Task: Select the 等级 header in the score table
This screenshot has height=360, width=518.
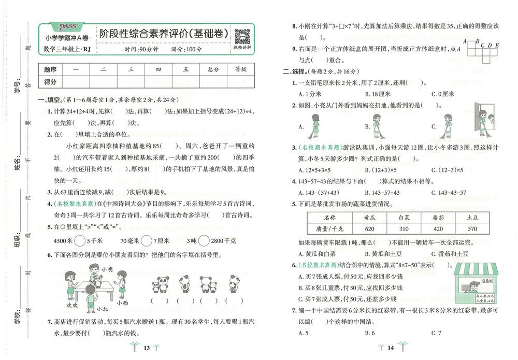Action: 241,69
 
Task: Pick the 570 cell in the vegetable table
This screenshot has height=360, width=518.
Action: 471,229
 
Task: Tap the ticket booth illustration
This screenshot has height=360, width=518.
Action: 475,283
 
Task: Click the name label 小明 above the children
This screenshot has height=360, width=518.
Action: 107,269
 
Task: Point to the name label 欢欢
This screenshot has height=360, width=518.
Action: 73,305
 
